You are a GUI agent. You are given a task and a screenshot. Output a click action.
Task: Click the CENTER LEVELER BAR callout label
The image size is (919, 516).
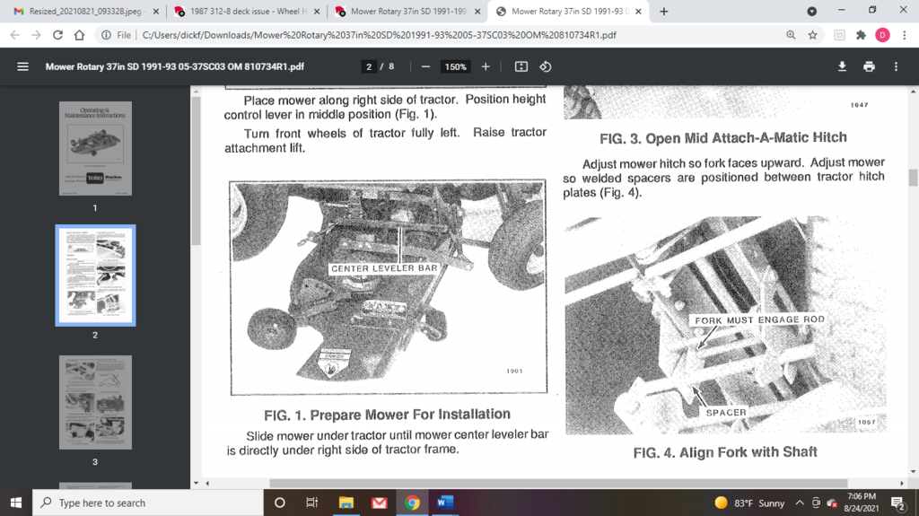pos(383,268)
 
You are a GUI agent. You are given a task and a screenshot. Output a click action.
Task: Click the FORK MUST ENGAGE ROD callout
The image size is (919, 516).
pos(759,319)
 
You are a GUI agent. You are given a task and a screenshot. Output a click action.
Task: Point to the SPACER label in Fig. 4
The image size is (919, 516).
pos(726,412)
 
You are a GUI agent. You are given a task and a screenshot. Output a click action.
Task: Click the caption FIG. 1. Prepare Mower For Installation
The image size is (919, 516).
pos(387,415)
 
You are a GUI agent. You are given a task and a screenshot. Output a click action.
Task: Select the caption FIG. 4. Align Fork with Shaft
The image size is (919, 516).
pos(725,452)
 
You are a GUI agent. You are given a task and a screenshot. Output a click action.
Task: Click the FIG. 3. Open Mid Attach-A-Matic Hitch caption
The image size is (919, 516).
pos(722,138)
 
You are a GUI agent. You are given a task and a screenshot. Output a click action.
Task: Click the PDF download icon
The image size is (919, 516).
pos(842,66)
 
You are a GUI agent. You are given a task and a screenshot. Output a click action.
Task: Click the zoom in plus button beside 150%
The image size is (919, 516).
pos(486,66)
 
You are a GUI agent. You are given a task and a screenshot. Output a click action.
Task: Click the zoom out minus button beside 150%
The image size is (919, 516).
pos(425,66)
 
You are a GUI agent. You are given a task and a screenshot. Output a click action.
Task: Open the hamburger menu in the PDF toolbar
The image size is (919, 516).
pos(23,66)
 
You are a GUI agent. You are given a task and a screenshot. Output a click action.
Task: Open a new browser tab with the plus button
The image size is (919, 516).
pos(664,12)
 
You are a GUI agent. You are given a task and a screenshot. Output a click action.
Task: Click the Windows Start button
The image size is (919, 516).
pos(16,503)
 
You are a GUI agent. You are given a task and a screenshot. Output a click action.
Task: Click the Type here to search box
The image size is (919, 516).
pos(148,503)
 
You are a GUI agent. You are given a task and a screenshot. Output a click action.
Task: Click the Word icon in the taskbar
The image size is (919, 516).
pos(445,503)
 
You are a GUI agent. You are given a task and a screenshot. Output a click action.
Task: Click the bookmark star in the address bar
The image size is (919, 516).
pos(812,35)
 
